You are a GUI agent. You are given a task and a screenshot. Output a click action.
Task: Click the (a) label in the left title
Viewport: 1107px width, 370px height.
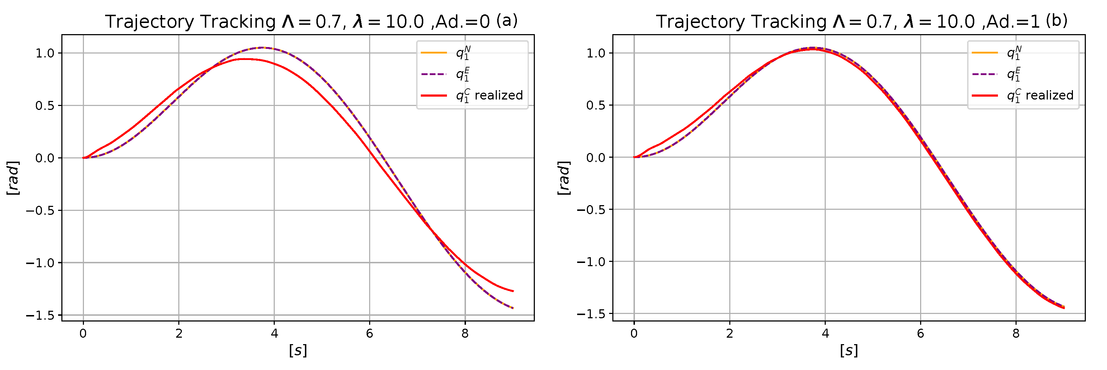pyautogui.click(x=507, y=20)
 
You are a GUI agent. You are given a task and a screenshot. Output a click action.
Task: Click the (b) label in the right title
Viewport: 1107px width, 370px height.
pyautogui.click(x=1057, y=20)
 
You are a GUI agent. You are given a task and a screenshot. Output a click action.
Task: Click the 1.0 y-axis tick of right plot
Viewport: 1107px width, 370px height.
pyautogui.click(x=595, y=53)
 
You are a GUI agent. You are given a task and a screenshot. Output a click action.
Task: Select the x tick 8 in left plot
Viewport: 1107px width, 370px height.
pyautogui.click(x=465, y=333)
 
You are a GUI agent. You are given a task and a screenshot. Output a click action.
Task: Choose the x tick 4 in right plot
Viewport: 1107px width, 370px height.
pyautogui.click(x=825, y=333)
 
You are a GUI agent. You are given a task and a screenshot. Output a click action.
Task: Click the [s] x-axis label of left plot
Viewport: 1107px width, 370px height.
pyautogui.click(x=298, y=350)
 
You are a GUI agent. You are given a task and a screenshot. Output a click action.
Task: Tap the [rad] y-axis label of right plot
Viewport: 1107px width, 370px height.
pyautogui.click(x=564, y=178)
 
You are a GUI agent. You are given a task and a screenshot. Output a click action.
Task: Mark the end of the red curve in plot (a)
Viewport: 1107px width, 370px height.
pyautogui.click(x=513, y=291)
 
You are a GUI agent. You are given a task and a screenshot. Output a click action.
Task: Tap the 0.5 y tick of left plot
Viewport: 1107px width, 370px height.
pyautogui.click(x=45, y=105)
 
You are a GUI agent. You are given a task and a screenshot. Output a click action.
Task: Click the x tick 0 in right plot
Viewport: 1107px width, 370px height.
pyautogui.click(x=634, y=333)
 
